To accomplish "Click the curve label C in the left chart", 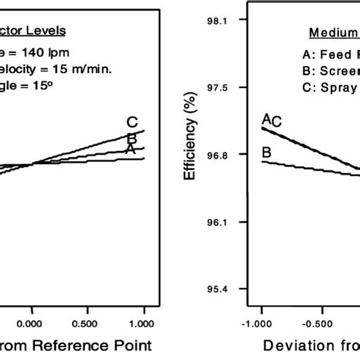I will [131, 122].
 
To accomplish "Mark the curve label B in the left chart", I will [131, 138].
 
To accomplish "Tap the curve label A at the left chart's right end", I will [130, 150].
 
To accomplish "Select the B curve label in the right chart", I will [267, 153].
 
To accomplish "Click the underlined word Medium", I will [333, 33].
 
